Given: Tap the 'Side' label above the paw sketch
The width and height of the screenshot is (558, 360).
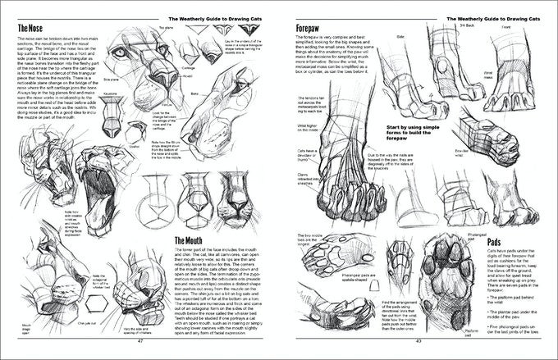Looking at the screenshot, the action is pyautogui.click(x=401, y=38).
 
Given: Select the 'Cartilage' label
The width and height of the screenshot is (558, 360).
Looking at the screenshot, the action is pyautogui.click(x=187, y=69).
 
